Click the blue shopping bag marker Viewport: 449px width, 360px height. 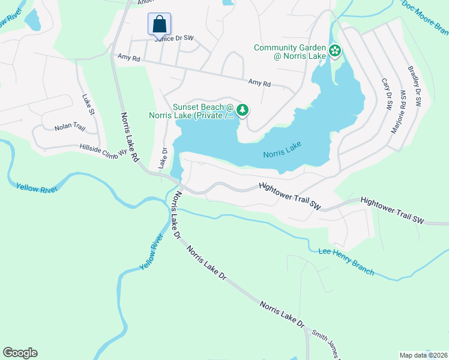pyautogui.click(x=159, y=24)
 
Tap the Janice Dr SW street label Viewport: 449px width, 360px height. pyautogui.click(x=175, y=38)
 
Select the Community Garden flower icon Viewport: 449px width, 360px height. pyautogui.click(x=335, y=52)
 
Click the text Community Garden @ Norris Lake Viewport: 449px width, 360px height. pyautogui.click(x=290, y=52)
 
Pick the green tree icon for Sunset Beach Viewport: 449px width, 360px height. pyautogui.click(x=243, y=110)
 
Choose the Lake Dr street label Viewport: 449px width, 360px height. pyautogui.click(x=162, y=158)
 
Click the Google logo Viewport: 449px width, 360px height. pyautogui.click(x=20, y=353)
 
